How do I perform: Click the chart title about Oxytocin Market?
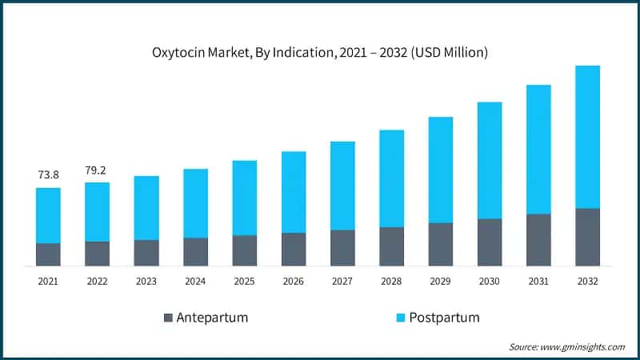(x=320, y=53)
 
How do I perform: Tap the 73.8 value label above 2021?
(x=48, y=174)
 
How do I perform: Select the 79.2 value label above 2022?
(x=98, y=170)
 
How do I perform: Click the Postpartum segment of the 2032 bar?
(x=587, y=137)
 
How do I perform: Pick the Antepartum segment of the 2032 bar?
(x=587, y=237)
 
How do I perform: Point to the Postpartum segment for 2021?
(x=48, y=215)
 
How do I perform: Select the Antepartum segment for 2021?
(x=48, y=254)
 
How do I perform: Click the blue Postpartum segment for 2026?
(x=294, y=192)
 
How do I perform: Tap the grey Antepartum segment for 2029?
(x=441, y=244)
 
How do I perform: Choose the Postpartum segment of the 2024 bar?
(x=195, y=203)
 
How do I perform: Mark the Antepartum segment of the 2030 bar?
(x=490, y=242)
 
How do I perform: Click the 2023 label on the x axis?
(x=146, y=281)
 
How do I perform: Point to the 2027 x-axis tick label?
(x=342, y=281)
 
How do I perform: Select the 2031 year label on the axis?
(x=538, y=281)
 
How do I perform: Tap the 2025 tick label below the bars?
(x=244, y=281)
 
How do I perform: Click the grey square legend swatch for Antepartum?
(x=168, y=318)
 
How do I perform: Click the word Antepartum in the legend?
(x=213, y=318)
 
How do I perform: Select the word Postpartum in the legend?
(x=444, y=318)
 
